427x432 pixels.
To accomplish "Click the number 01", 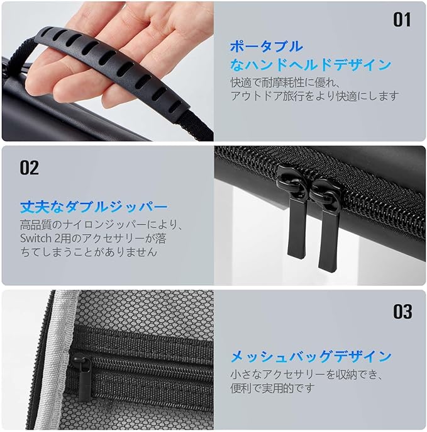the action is tap(402, 20).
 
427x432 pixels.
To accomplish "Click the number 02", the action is tap(29, 168).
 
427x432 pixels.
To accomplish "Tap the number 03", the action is tap(402, 312).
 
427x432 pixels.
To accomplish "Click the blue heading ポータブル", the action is tap(266, 47).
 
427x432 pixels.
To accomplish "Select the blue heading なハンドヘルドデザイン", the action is tap(311, 65).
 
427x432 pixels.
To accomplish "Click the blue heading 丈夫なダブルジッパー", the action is tap(94, 207).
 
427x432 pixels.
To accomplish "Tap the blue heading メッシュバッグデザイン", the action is tap(311, 356).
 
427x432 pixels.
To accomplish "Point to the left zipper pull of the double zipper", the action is tap(295, 215).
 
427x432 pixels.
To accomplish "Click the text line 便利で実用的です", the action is tap(272, 388).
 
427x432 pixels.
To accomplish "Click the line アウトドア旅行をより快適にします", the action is tap(314, 96).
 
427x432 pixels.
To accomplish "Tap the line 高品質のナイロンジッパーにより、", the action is tap(101, 225).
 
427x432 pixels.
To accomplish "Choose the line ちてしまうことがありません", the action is tap(89, 251).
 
